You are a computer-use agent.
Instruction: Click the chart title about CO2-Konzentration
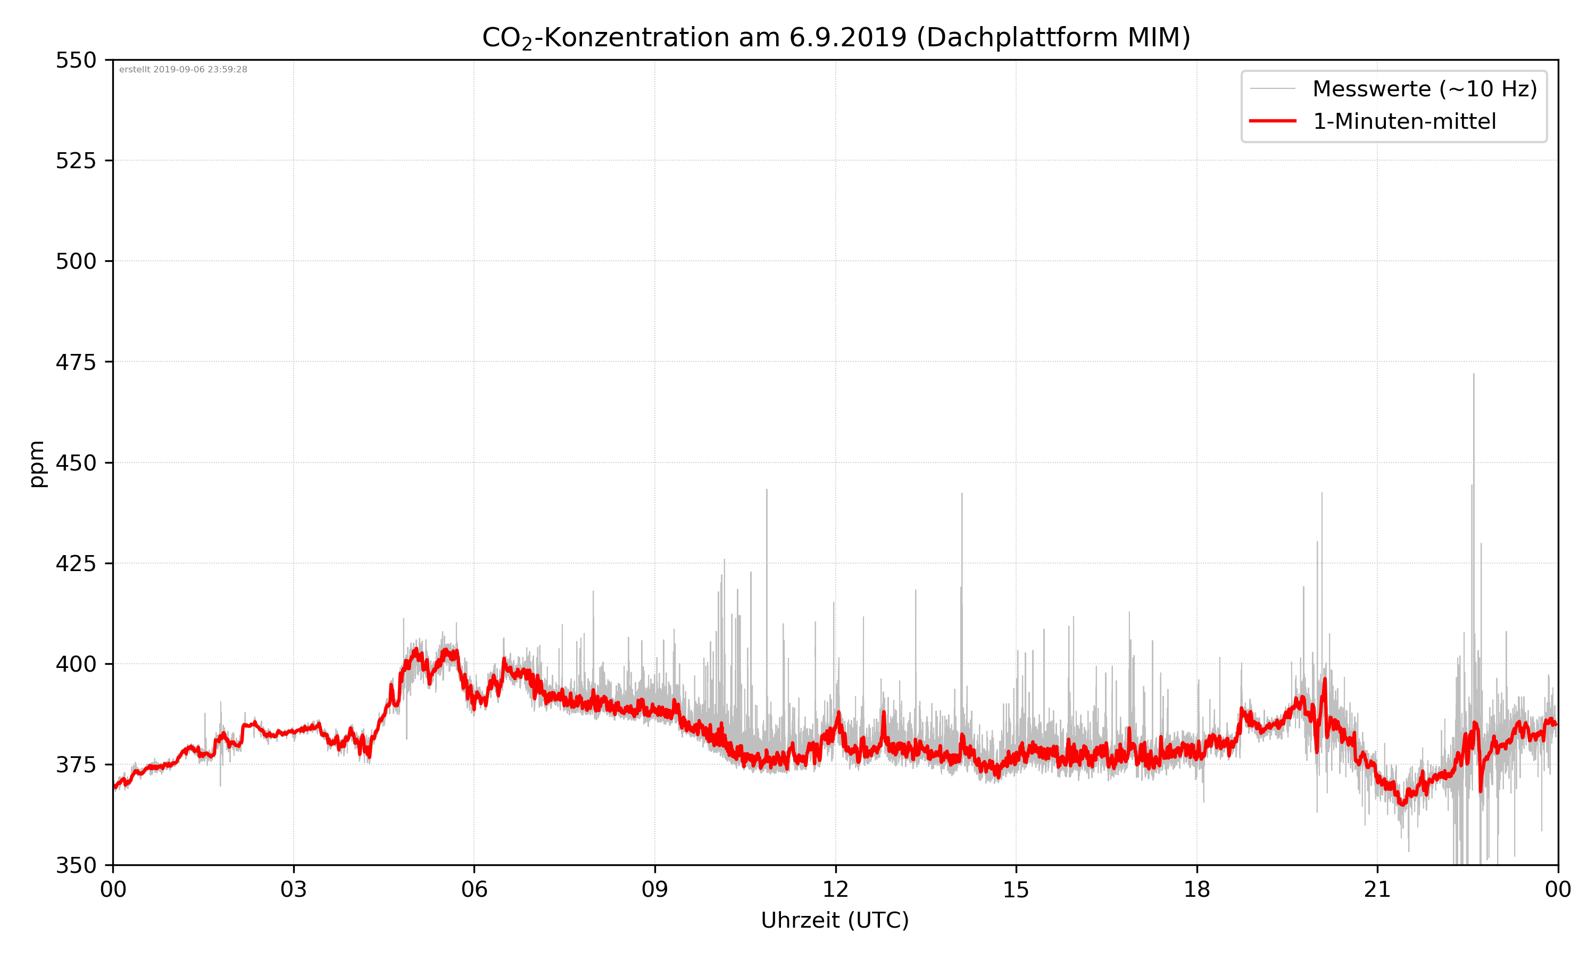(835, 37)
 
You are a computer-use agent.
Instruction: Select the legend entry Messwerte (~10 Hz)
(1424, 89)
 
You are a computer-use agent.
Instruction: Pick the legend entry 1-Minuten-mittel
(1404, 121)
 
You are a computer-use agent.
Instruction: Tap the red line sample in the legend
(1272, 121)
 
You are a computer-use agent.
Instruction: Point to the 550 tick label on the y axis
(76, 60)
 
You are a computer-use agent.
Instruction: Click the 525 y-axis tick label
(76, 161)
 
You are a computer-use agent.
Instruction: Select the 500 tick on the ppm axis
(76, 261)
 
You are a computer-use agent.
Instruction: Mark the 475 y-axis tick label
(76, 362)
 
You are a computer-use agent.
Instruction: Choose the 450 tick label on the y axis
(76, 463)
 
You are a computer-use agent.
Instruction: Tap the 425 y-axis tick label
(76, 564)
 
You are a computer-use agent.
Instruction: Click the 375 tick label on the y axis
(76, 765)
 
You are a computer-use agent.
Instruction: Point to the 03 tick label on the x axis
(294, 889)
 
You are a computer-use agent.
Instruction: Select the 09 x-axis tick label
(655, 889)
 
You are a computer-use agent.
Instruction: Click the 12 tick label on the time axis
(835, 889)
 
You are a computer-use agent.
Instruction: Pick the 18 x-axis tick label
(1196, 889)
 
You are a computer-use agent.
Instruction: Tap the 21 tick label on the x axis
(1377, 889)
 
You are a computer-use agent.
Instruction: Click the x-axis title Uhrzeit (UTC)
(835, 921)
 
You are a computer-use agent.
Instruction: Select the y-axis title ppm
(37, 464)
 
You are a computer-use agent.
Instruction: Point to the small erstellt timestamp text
(183, 70)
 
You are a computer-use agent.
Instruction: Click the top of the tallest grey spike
(1474, 375)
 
